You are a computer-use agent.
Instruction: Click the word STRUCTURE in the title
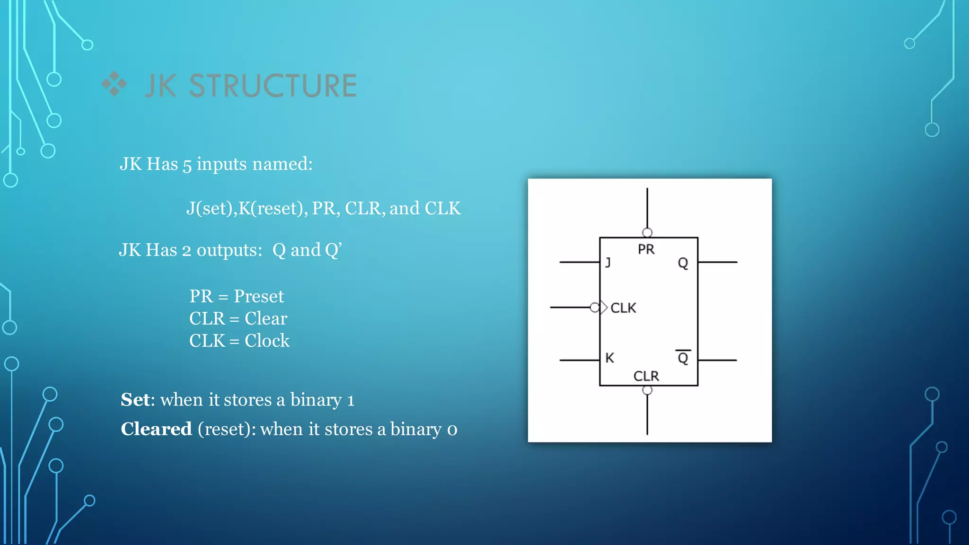(273, 86)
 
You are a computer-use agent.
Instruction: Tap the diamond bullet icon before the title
(115, 84)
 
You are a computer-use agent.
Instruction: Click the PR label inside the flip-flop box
(646, 249)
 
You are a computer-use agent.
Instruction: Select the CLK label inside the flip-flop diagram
(623, 308)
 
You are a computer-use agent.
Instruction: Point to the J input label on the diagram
(608, 262)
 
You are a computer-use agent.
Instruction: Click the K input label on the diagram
(609, 358)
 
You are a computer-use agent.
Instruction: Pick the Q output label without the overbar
(683, 263)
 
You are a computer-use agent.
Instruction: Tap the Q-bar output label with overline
(683, 357)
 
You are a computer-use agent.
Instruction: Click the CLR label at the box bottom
(646, 376)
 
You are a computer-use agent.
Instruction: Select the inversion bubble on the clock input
(595, 308)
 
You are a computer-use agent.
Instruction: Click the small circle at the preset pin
(647, 232)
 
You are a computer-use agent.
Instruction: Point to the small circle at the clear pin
(647, 390)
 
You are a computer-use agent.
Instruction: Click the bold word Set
(135, 400)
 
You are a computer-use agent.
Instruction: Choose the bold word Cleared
(156, 429)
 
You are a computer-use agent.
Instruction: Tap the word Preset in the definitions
(259, 297)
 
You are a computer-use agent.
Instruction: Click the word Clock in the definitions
(267, 341)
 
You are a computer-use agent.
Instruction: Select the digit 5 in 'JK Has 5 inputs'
(187, 165)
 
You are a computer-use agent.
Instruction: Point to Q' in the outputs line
(333, 250)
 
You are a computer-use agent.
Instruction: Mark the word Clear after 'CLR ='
(265, 318)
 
